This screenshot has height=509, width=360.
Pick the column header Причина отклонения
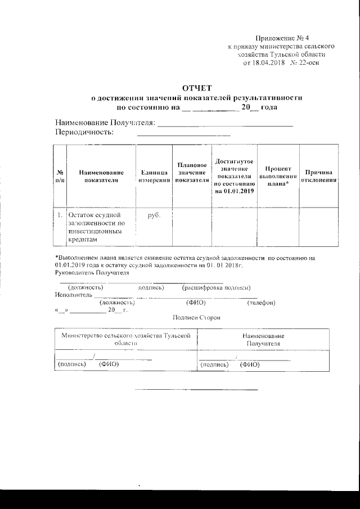click(318, 176)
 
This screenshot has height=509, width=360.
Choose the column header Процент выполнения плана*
click(278, 176)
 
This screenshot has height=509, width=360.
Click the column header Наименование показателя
click(101, 176)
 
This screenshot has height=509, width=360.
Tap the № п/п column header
click(60, 176)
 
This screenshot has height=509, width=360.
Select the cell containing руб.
click(154, 215)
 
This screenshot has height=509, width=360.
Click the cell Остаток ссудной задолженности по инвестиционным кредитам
click(96, 227)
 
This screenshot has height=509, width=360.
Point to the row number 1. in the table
click(60, 215)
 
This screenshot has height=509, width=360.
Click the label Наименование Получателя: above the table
click(104, 123)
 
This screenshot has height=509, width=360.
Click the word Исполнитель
click(73, 294)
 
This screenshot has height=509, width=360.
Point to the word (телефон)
click(261, 303)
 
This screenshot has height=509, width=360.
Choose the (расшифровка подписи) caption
click(216, 287)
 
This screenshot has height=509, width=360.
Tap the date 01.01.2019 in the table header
click(235, 191)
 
